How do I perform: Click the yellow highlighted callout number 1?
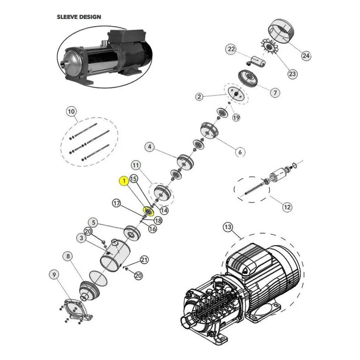tap(124, 181)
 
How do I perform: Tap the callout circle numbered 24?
tap(306, 55)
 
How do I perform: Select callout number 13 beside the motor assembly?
tap(228, 227)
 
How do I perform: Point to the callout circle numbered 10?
tap(72, 112)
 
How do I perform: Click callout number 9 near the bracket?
tap(54, 275)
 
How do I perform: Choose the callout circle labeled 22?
tap(231, 49)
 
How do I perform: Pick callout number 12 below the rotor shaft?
tap(287, 207)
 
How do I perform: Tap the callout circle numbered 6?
tap(240, 152)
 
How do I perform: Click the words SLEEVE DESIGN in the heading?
tap(79, 17)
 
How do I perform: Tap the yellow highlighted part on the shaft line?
tap(148, 211)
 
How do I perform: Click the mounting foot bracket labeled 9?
tap(75, 310)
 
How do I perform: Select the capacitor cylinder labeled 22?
tap(256, 62)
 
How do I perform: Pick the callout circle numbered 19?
tap(236, 117)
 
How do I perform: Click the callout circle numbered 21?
tap(144, 260)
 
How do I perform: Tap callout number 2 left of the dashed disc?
tap(199, 97)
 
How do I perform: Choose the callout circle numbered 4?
tap(150, 147)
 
